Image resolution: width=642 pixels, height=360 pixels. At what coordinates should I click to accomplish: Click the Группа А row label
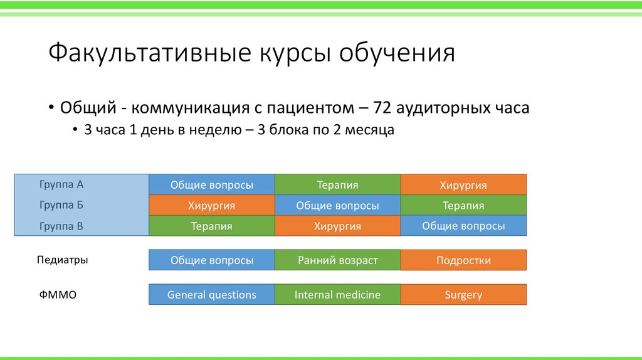coord(61,184)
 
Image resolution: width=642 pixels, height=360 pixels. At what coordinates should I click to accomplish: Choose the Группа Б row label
coord(61,205)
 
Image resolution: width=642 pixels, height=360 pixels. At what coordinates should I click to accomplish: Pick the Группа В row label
coord(61,226)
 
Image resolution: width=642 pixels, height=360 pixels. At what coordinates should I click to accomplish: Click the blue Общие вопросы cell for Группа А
coord(212,184)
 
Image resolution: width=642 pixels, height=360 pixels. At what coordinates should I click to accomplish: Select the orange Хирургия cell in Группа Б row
coord(212,205)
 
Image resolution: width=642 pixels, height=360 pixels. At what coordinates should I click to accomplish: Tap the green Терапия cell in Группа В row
coord(212,226)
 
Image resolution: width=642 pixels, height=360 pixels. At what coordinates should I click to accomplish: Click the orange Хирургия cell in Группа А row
coord(463,184)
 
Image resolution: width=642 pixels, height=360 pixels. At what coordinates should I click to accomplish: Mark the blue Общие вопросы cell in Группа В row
coord(463,226)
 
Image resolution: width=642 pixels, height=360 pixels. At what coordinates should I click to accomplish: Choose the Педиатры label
coord(62,260)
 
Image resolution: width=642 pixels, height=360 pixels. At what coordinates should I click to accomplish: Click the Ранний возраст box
coord(337,260)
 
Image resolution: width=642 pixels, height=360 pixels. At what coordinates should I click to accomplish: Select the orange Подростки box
coord(463,260)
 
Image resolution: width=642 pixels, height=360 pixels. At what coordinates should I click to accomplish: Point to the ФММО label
coord(58,295)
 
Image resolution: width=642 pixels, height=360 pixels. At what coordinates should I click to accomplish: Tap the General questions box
coord(212,295)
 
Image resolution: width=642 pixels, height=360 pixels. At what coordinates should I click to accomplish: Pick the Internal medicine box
coord(337,295)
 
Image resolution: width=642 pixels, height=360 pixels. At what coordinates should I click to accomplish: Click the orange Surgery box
coord(463,295)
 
